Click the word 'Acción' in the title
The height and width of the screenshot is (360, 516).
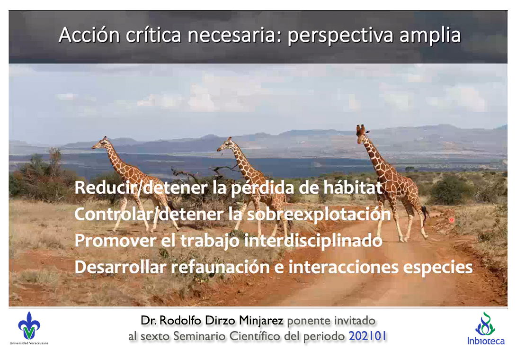coord(89,35)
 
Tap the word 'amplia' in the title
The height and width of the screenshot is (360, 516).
coord(430,36)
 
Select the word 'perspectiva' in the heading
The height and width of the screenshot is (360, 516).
coord(340,36)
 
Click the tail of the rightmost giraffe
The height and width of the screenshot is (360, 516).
coord(425,214)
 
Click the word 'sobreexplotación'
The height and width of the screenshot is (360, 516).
coord(319,215)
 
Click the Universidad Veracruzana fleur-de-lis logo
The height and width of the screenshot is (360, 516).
coord(29,325)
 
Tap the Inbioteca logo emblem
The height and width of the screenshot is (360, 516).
coord(485,324)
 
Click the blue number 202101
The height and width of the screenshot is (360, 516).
coord(367,336)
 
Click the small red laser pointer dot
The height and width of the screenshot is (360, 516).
coord(452,220)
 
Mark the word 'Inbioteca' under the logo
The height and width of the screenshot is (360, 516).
coord(486,341)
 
